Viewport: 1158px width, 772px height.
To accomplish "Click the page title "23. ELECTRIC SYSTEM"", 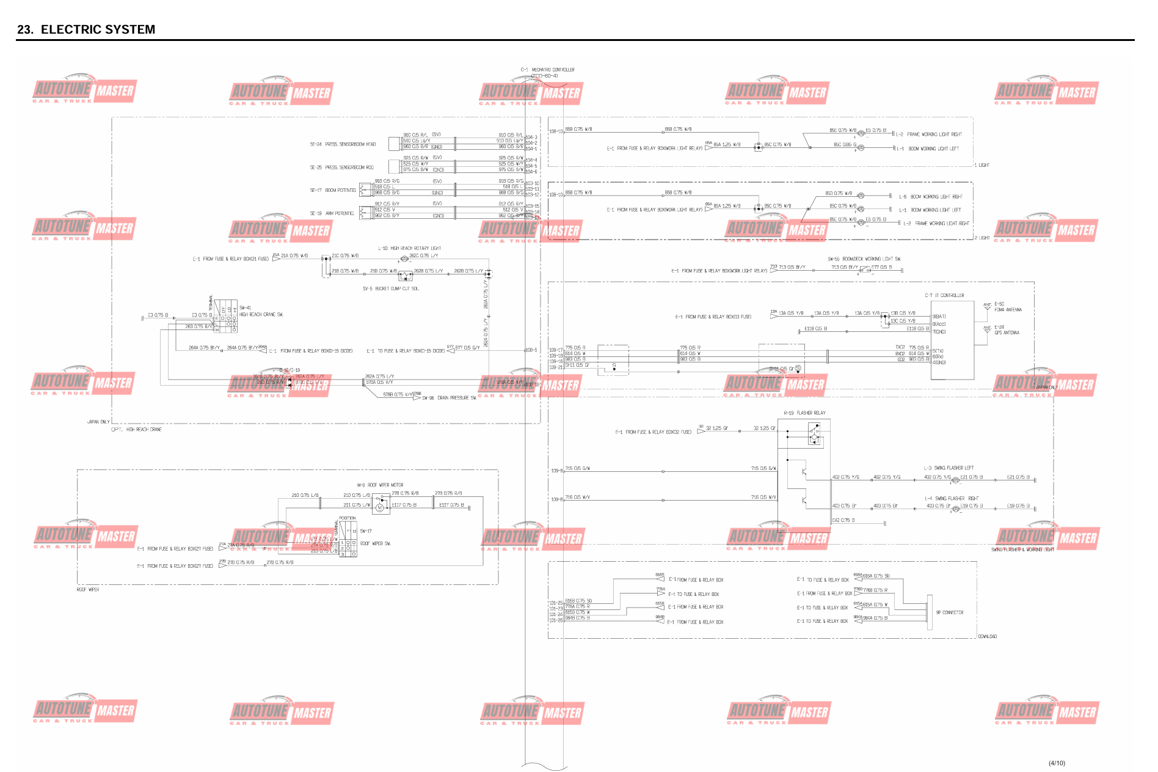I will [x=86, y=29].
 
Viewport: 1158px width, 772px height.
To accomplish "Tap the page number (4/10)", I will [x=1057, y=763].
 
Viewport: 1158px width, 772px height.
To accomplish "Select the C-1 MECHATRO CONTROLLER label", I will [x=547, y=70].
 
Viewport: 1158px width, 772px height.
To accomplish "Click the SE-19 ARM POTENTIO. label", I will [x=332, y=213].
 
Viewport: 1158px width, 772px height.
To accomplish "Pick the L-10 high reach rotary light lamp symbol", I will [x=404, y=259].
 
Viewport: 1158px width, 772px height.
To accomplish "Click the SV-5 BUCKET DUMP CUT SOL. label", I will [x=391, y=289].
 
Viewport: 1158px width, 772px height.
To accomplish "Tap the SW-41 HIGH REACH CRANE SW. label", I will [x=261, y=311].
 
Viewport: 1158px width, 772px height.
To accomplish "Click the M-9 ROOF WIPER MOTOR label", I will [x=380, y=485].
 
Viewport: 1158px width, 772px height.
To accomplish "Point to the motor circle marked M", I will [x=379, y=507].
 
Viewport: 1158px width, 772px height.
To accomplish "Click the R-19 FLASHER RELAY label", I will [x=804, y=413].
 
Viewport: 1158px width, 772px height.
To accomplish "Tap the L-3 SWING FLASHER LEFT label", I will [x=949, y=468].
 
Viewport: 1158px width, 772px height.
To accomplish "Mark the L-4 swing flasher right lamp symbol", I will [x=956, y=509].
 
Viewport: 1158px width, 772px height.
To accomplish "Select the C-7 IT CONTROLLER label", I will [x=944, y=295].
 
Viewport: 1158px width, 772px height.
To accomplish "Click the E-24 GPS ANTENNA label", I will [x=1007, y=330].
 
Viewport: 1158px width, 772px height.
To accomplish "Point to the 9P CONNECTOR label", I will [x=950, y=612].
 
